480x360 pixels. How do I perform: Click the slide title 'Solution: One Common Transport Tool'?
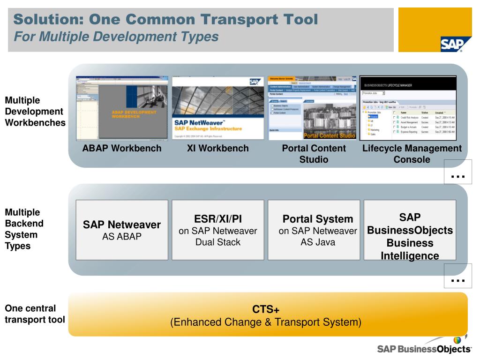165,20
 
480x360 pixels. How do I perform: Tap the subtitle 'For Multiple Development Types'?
116,36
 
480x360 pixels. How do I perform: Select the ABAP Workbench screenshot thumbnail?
122,108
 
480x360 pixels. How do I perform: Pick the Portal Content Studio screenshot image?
312,108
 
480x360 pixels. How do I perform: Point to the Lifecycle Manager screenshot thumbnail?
408,108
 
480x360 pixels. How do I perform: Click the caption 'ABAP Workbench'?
122,149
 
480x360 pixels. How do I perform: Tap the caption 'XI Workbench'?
217,149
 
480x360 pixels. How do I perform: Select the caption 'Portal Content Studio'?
314,154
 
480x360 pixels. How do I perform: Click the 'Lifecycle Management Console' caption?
412,154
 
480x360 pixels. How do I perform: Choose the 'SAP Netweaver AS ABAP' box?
122,230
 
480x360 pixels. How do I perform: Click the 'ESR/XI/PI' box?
217,230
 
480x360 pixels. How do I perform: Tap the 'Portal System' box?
314,230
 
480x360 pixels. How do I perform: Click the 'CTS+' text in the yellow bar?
266,309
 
